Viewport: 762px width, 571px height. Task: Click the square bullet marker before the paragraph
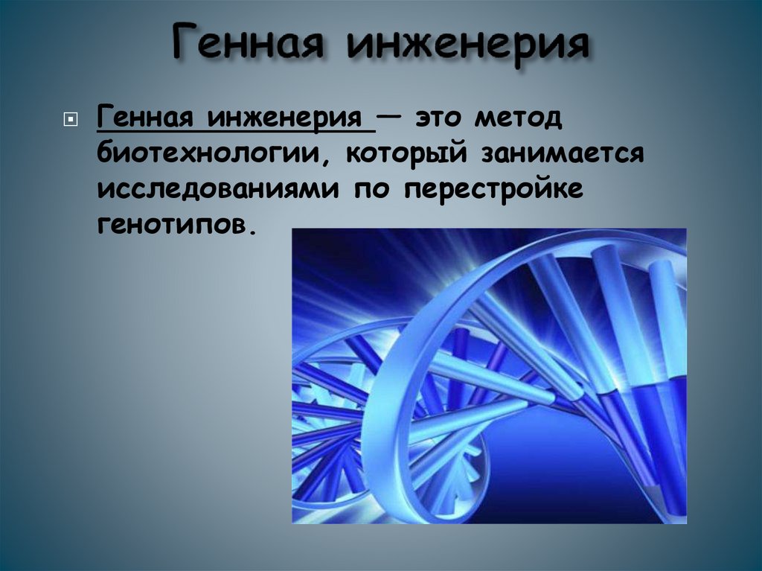tap(71, 120)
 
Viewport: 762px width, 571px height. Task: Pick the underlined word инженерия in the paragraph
tap(290, 118)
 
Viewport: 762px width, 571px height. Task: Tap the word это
tap(443, 118)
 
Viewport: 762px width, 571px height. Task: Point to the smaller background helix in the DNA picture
tap(335, 417)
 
